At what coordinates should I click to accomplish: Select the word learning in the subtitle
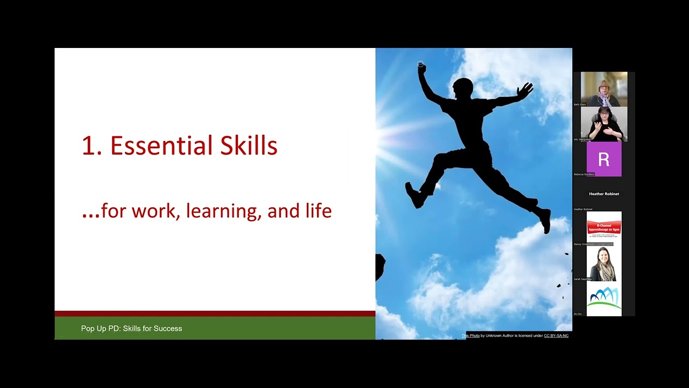point(223,211)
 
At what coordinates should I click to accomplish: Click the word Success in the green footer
point(168,328)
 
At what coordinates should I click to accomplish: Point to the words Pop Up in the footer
point(94,328)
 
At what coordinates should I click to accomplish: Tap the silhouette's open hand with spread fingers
point(525,89)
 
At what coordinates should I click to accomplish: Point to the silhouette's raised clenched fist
point(421,67)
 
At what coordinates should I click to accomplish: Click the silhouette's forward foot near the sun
point(414,195)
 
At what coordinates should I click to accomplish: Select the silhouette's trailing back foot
point(545,221)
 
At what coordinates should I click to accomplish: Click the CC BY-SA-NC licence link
point(556,336)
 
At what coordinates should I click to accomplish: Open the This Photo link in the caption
point(470,336)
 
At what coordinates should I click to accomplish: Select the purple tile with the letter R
point(603,159)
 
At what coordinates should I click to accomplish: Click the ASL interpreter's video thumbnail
point(603,124)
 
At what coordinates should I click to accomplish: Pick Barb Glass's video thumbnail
point(603,89)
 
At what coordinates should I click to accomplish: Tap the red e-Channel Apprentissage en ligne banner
point(603,228)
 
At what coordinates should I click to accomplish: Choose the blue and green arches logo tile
point(603,298)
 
